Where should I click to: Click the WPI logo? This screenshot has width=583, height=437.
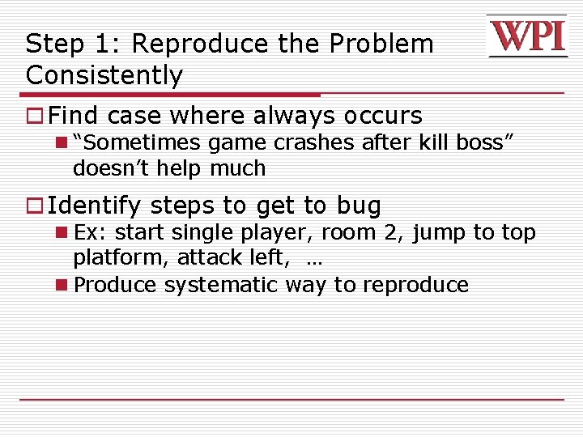[527, 36]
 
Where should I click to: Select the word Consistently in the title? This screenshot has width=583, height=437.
[104, 75]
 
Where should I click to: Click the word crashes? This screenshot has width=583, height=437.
[314, 143]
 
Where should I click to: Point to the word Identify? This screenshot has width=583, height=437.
[94, 206]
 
